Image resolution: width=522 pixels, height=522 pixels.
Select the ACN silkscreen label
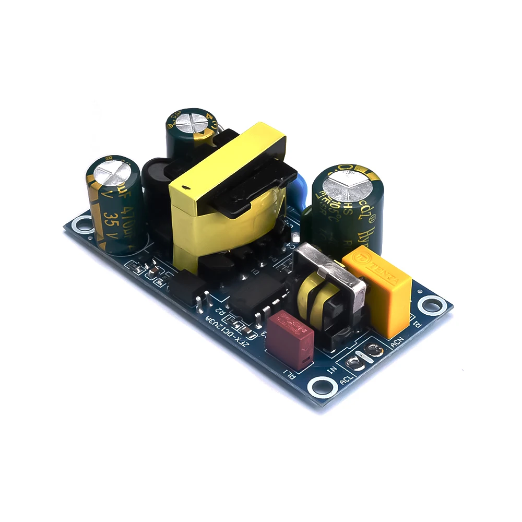(397, 343)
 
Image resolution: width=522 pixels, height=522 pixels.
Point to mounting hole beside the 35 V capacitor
(80, 224)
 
